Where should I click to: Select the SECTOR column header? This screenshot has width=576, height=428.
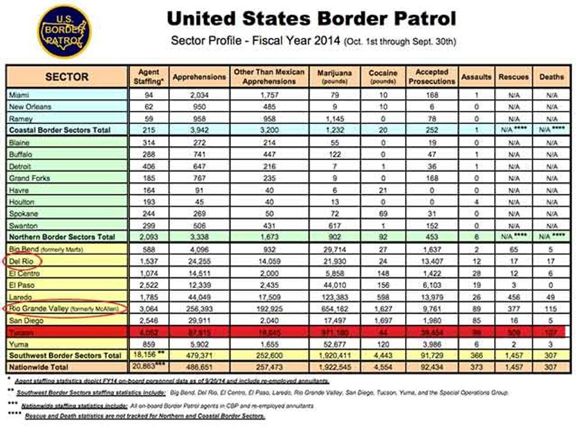[67, 77]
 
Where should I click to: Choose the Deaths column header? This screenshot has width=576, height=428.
[551, 77]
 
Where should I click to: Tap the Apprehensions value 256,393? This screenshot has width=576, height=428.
[199, 308]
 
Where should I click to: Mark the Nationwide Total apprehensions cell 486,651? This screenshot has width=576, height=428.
[199, 366]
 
